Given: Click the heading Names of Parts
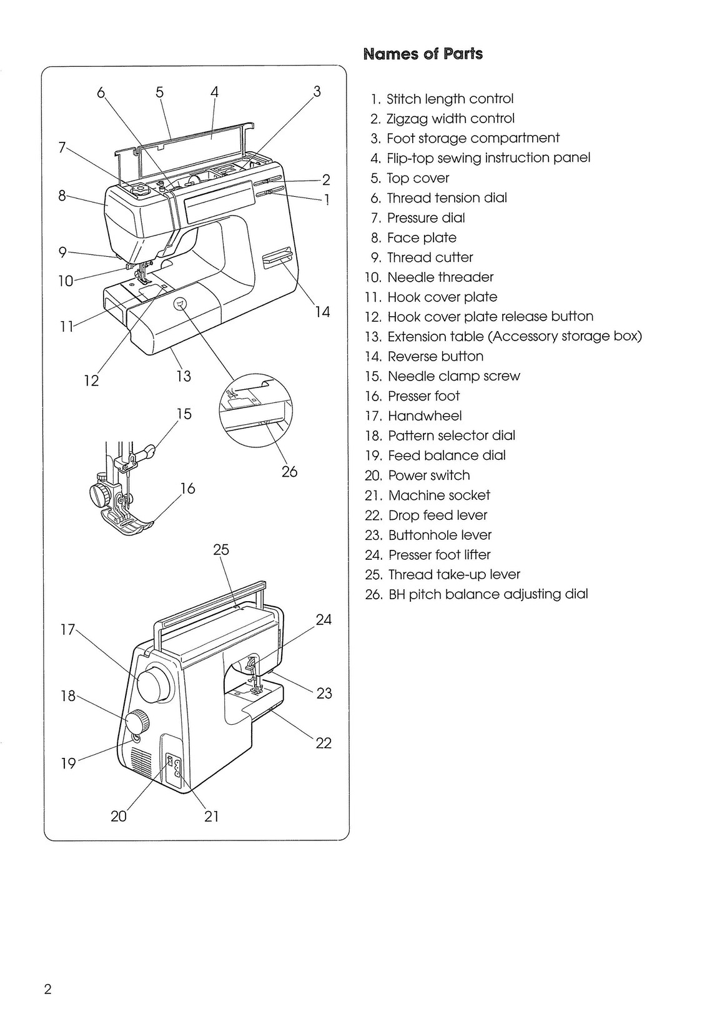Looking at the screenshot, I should coord(423,54).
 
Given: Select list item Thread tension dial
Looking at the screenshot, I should coord(446,198).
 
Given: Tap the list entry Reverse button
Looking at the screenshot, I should coord(435,357).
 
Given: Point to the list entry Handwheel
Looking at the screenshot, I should coord(424,416).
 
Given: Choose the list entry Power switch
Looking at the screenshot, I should coord(428,476).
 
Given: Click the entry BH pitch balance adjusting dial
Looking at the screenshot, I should coord(487,594).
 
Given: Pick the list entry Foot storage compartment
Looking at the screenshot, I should coord(472,138).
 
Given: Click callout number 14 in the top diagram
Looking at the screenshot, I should coord(322,312).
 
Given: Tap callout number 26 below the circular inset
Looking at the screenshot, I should coord(289,472).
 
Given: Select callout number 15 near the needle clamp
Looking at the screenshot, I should coord(184,414).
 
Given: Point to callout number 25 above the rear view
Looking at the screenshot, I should coord(221,550).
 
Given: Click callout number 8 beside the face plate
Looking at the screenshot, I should coord(62,196).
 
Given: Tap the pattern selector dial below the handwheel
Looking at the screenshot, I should coord(138,722).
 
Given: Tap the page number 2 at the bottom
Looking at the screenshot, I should coord(47,989).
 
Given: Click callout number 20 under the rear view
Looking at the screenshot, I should coord(119,816).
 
